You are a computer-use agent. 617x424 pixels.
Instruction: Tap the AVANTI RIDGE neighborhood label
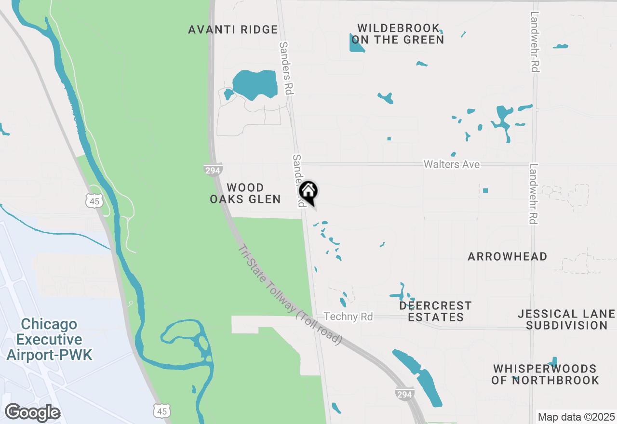coord(233,30)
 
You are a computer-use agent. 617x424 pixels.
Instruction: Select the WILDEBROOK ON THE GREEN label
coord(398,34)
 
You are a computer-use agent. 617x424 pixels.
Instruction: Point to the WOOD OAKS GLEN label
coord(245,193)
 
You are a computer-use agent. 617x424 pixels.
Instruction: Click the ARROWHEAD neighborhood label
coord(507,256)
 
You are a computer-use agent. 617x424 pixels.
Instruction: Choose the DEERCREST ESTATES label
coord(435,311)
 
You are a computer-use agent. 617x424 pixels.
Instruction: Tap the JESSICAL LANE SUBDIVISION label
coord(566,320)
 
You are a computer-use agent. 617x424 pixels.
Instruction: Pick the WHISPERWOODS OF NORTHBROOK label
coord(545,374)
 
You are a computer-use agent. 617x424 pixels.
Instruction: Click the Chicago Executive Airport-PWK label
coord(49,339)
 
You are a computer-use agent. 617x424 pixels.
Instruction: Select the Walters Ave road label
coord(451,165)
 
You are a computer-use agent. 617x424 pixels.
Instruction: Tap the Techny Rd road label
coord(348,317)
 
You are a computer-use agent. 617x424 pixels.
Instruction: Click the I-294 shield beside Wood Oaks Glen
coord(213,171)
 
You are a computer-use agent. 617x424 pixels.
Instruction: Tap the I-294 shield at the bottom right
coord(404,394)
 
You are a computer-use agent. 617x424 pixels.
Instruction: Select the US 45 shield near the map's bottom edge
coord(161,411)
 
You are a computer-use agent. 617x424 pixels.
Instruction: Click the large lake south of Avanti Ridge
coord(255,84)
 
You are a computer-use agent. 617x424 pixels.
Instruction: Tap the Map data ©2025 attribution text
coord(576,417)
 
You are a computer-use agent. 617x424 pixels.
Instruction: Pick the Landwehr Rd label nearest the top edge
coord(534,42)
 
